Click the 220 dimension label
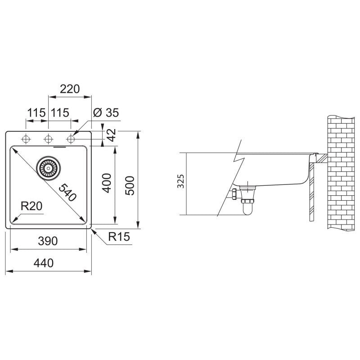[70, 89]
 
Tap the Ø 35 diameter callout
[106, 112]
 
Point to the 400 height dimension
[107, 183]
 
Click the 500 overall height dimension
[130, 185]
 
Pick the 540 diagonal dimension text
[67, 193]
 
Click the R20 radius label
[31, 206]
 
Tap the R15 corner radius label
[119, 237]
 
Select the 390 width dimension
[48, 241]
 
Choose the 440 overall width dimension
[43, 263]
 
